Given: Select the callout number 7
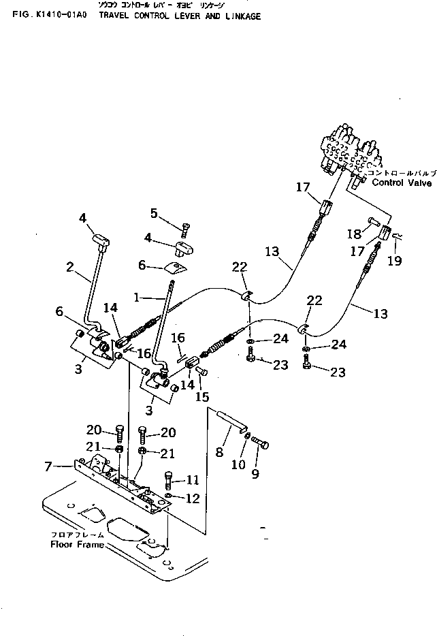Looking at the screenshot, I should [x=47, y=466].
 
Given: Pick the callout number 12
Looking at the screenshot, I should [x=192, y=498].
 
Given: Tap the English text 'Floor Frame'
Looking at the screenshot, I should [x=77, y=544].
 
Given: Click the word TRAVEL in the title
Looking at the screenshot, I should [x=114, y=16].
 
